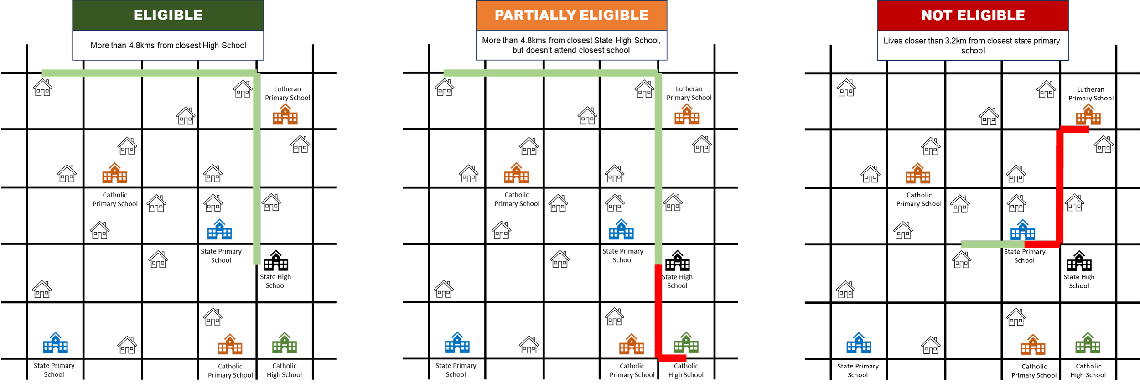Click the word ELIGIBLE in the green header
[x=168, y=15]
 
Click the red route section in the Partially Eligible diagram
[x=658, y=310]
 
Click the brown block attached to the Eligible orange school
[x=304, y=119]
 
